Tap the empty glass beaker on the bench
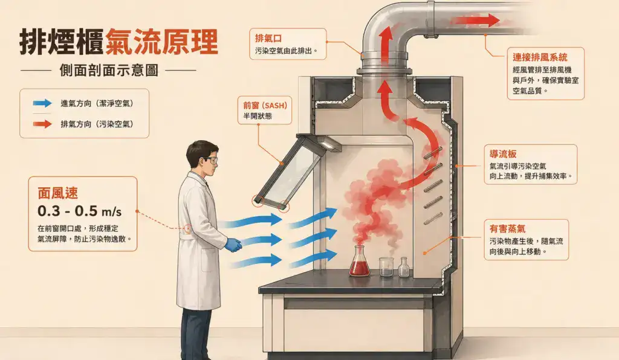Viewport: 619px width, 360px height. pos(386,266)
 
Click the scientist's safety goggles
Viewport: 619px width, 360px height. pos(210,161)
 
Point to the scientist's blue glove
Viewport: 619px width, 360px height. pos(234,245)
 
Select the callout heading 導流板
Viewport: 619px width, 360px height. pos(503,154)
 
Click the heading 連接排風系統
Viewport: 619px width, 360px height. pos(540,57)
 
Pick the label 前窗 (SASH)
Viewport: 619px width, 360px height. pos(265,105)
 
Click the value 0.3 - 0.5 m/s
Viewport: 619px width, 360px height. pos(79,211)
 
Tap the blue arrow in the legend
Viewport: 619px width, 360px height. pos(42,103)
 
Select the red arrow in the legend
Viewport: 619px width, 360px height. pos(42,124)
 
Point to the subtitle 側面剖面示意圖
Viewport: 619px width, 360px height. pos(109,70)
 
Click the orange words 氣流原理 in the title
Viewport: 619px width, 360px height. pos(161,42)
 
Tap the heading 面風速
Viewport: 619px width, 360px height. pos(57,193)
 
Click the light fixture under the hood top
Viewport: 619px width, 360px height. pos(328,144)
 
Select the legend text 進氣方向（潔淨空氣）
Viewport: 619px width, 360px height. pos(97,104)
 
